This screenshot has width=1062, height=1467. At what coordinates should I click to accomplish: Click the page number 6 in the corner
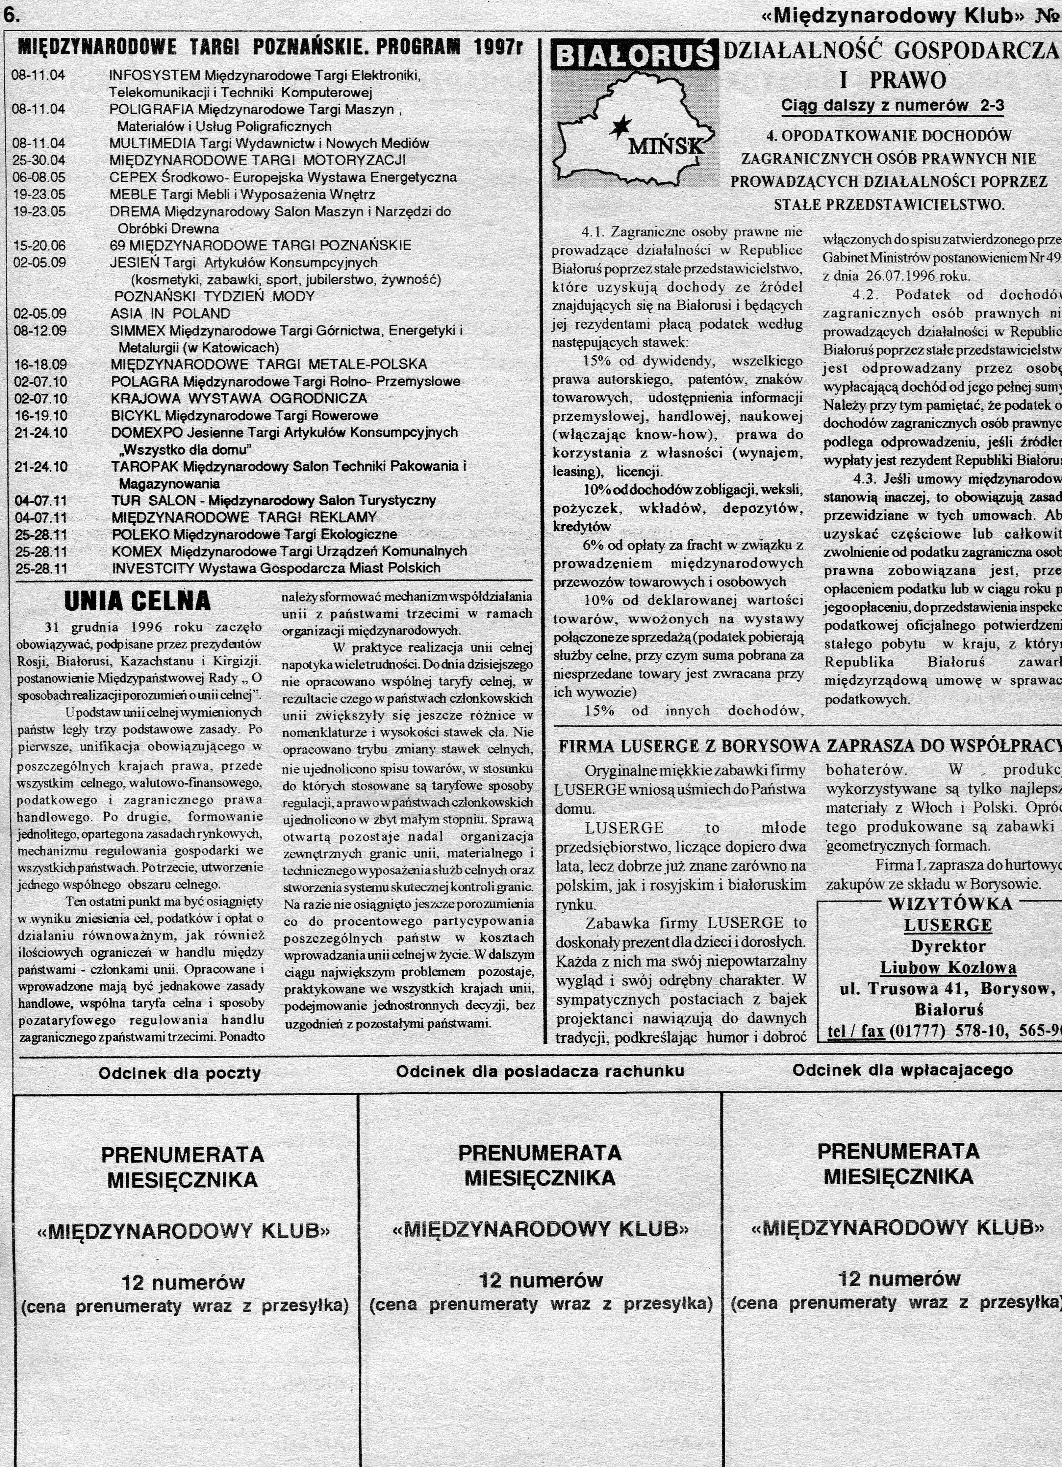click(x=12, y=14)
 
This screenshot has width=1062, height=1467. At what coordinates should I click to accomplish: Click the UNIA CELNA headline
click(x=137, y=601)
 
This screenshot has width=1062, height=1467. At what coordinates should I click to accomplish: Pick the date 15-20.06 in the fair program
click(x=39, y=246)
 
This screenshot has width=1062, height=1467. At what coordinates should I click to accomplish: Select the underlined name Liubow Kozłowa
click(x=948, y=968)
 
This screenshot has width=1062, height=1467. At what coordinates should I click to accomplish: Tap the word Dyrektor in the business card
click(x=948, y=946)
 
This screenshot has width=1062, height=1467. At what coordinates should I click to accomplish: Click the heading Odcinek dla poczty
click(x=180, y=1074)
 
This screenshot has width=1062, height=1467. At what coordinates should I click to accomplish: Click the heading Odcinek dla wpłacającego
click(x=903, y=1070)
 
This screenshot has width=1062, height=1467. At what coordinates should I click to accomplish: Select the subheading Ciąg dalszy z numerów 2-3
click(x=893, y=106)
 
